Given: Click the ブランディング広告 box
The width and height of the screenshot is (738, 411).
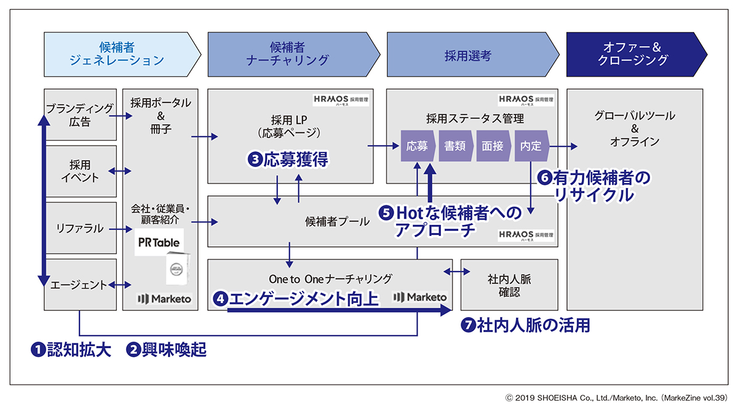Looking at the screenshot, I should (80, 115).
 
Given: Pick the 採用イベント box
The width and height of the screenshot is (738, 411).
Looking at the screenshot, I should (80, 171).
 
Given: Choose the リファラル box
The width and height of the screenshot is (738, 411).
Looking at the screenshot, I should (80, 228).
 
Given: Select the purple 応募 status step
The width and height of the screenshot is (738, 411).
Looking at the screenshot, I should (418, 146).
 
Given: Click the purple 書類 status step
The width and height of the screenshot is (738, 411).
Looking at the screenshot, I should (456, 146).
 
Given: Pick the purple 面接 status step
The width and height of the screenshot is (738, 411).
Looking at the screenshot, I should (493, 146).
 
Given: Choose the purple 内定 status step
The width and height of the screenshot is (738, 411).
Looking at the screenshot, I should (531, 146).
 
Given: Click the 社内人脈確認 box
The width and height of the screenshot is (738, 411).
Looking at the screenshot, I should (509, 285).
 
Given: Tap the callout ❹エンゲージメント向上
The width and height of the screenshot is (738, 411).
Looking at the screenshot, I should (295, 299).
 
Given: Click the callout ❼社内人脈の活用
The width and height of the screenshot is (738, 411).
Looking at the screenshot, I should (525, 326).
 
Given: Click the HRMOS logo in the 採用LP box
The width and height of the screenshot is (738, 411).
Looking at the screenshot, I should (341, 100).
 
